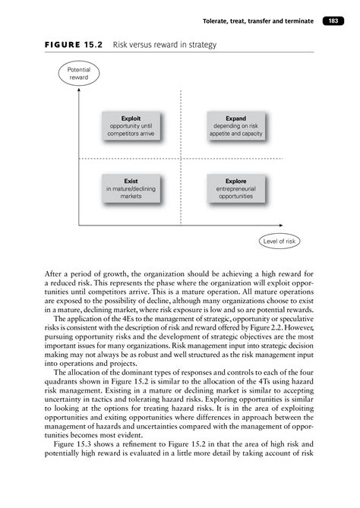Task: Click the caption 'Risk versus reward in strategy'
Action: tap(165, 46)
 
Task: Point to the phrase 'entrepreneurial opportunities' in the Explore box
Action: tap(229, 193)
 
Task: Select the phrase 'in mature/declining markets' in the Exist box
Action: tap(131, 193)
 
